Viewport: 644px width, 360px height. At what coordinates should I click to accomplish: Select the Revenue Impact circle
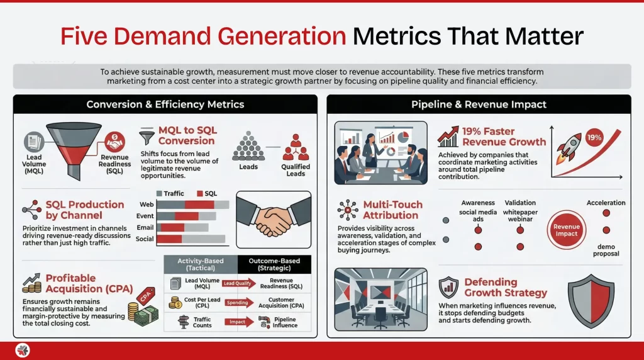point(566,230)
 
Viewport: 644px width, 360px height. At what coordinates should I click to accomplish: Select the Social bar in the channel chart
point(191,239)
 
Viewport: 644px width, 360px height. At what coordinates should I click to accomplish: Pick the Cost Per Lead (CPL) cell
point(192,304)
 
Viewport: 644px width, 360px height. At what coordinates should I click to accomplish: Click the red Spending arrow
point(238,303)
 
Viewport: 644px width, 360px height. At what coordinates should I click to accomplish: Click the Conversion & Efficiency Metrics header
point(165,104)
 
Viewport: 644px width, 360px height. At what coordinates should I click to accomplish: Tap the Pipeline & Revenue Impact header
point(479,104)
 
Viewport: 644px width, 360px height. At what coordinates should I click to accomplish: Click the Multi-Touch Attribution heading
point(392,210)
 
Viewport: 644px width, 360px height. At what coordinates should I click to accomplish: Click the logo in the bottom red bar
point(23,351)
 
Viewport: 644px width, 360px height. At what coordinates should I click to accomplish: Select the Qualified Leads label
point(294,171)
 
